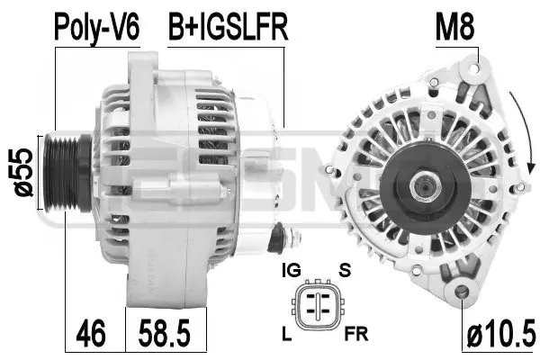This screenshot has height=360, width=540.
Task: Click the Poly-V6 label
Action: tap(98, 27)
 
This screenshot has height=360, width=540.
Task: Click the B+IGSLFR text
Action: tap(228, 27)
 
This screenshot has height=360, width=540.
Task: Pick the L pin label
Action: tap(287, 335)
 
